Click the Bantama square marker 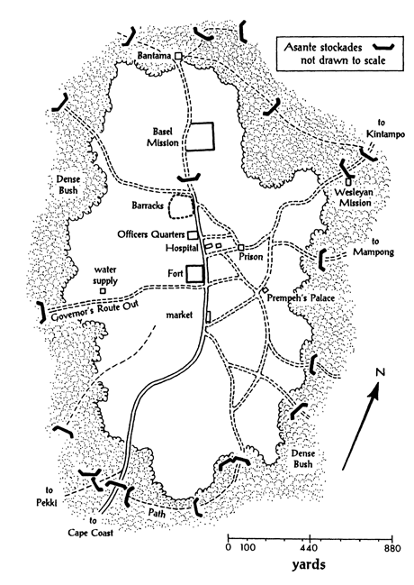click(x=178, y=56)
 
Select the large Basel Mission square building click(x=200, y=136)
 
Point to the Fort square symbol click(x=195, y=273)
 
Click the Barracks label click(x=148, y=206)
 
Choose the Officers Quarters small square click(x=193, y=235)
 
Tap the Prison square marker click(x=241, y=247)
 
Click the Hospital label click(x=182, y=248)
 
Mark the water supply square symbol click(x=103, y=290)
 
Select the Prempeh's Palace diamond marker click(x=265, y=290)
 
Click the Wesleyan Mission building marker click(x=348, y=182)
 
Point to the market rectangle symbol click(x=208, y=316)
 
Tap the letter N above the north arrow click(x=380, y=372)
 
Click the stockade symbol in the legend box click(x=383, y=47)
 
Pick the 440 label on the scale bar click(x=310, y=548)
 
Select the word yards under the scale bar click(x=309, y=564)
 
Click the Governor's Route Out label click(x=94, y=310)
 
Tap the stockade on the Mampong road click(x=322, y=259)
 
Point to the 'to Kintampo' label click(x=385, y=129)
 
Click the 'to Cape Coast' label click(x=91, y=526)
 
